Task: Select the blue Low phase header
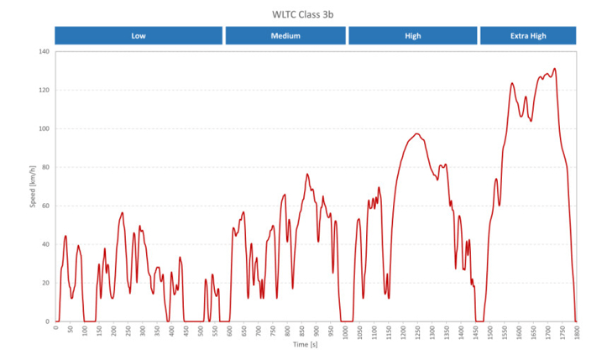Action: (139, 36)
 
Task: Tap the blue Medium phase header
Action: (285, 36)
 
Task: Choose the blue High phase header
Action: (412, 36)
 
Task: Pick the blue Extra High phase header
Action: (528, 36)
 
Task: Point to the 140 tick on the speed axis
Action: (44, 52)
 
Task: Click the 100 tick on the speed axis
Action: (44, 129)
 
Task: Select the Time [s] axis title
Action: (305, 345)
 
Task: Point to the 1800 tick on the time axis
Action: (576, 331)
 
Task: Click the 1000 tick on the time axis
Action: (345, 331)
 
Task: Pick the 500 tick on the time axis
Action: (201, 331)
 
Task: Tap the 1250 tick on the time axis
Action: (417, 331)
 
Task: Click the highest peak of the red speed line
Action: (555, 69)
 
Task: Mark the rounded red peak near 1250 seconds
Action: (417, 133)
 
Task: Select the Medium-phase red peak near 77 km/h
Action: (307, 175)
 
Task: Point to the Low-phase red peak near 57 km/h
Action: (123, 212)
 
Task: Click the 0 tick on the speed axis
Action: (48, 321)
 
